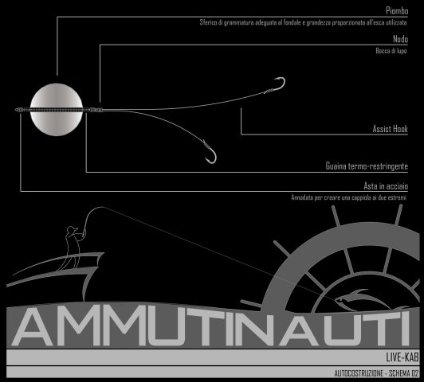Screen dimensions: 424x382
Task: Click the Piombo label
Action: (397, 11)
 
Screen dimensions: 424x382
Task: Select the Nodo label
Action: (400, 39)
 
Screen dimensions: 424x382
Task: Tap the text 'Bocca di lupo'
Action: (391, 51)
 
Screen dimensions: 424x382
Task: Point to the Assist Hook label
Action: (390, 129)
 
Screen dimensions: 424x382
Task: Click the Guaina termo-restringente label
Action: (367, 166)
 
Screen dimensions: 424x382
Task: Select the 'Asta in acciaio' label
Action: (386, 186)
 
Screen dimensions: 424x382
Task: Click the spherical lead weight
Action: (57, 109)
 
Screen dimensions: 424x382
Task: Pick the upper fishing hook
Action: (277, 84)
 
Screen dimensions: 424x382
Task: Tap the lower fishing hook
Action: (210, 153)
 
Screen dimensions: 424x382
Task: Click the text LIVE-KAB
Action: (402, 357)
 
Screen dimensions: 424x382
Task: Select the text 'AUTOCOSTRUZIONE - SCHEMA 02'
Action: (376, 373)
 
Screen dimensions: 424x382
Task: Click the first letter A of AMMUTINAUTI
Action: (33, 326)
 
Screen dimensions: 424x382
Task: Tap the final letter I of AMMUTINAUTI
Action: (405, 327)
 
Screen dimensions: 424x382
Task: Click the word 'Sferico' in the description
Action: (208, 22)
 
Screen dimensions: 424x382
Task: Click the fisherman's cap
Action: (72, 229)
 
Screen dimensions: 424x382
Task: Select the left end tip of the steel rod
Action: (16, 110)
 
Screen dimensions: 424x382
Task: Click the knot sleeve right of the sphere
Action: (96, 110)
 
